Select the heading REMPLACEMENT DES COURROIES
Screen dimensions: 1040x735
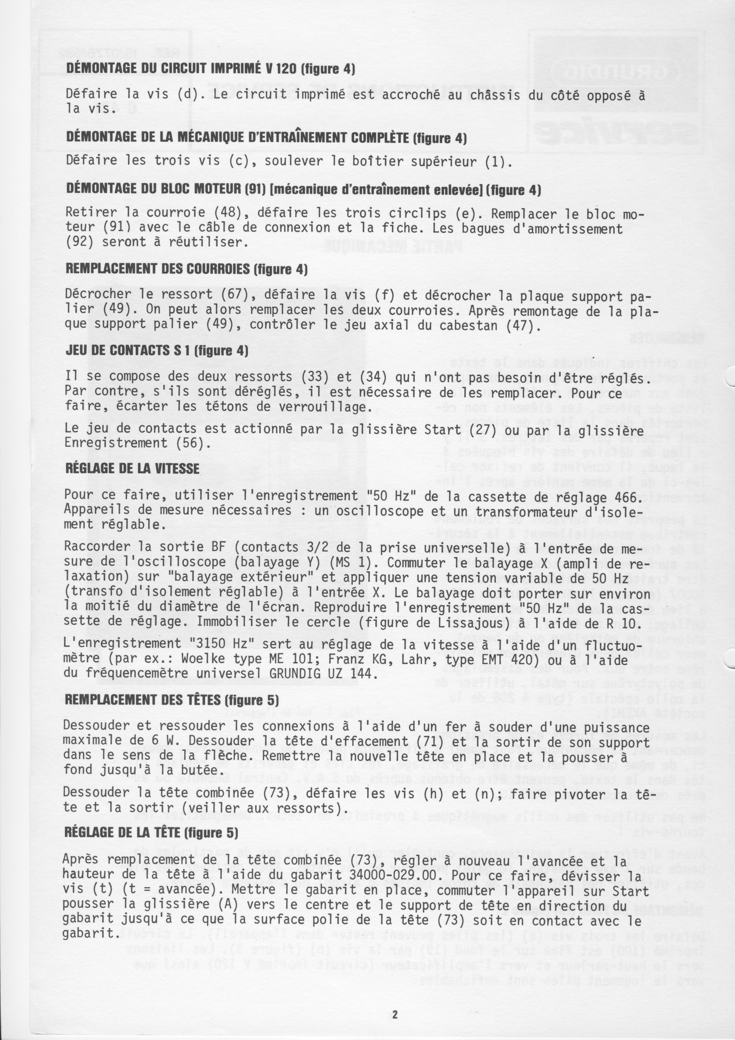(186, 269)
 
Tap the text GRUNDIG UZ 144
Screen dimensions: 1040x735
(323, 673)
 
